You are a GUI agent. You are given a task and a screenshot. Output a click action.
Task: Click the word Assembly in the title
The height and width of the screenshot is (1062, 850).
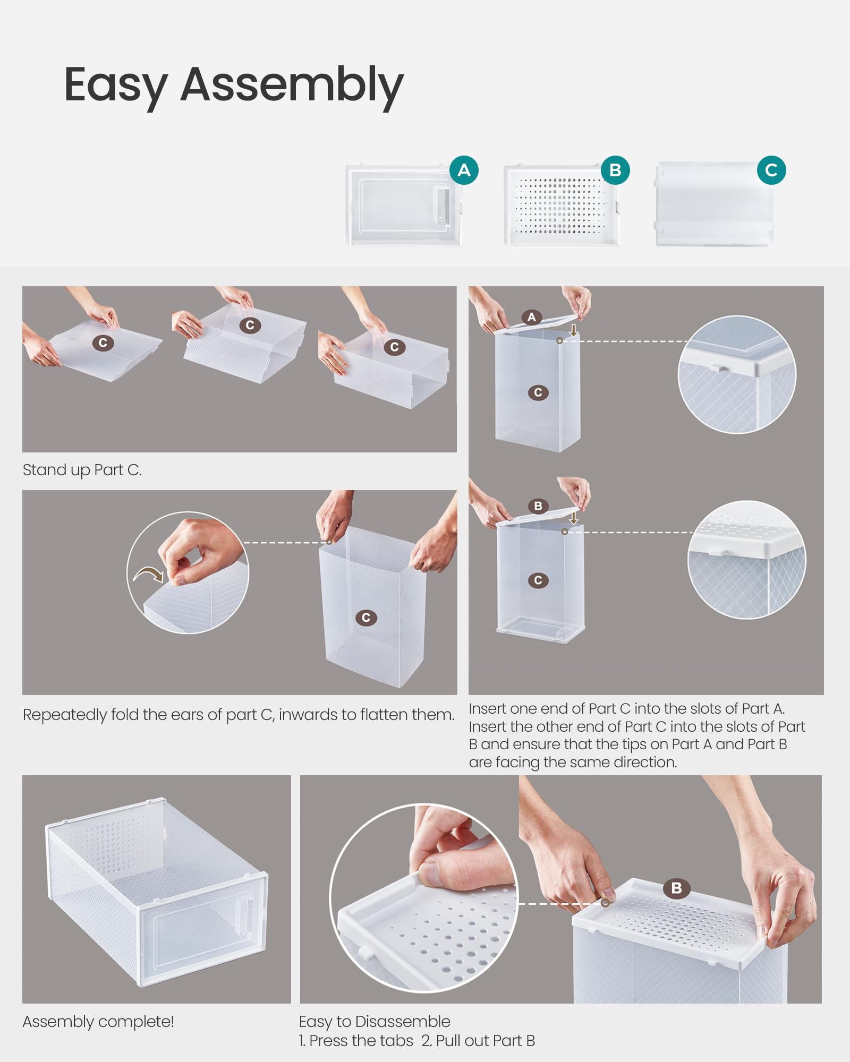click(x=292, y=85)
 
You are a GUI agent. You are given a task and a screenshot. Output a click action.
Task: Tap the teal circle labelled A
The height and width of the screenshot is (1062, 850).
click(x=464, y=170)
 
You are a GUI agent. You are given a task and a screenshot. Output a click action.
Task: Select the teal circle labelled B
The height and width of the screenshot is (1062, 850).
click(x=615, y=170)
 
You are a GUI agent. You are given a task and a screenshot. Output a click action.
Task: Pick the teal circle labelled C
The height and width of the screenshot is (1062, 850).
click(x=771, y=170)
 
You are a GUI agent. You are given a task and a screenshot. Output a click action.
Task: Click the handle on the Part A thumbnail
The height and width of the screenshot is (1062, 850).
click(x=441, y=204)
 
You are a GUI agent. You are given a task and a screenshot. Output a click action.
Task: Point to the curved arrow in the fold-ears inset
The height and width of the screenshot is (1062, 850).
click(x=148, y=575)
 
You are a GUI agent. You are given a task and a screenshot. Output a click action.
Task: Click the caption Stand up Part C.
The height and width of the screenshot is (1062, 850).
click(x=82, y=470)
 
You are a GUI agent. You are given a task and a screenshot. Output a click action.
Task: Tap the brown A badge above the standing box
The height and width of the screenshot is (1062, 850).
click(x=531, y=318)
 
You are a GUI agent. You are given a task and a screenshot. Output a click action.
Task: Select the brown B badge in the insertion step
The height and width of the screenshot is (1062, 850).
click(x=538, y=506)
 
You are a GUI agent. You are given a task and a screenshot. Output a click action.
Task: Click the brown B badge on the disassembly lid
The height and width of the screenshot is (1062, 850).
click(x=676, y=888)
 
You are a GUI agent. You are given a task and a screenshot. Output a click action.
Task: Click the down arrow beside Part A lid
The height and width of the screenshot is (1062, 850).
click(x=574, y=330)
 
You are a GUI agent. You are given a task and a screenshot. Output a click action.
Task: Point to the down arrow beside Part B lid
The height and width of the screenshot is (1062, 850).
click(x=574, y=517)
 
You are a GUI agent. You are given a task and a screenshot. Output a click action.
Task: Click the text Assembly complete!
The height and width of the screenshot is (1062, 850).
click(x=98, y=1022)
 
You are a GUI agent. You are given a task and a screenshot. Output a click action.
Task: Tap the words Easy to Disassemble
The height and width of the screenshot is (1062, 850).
click(x=374, y=1022)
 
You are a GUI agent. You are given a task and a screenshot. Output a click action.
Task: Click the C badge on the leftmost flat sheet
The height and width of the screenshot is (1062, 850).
click(x=103, y=343)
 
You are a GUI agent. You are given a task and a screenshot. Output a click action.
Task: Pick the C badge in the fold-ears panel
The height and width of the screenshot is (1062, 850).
click(x=365, y=618)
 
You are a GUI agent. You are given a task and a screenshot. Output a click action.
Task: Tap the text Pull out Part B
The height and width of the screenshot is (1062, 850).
click(x=478, y=1041)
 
